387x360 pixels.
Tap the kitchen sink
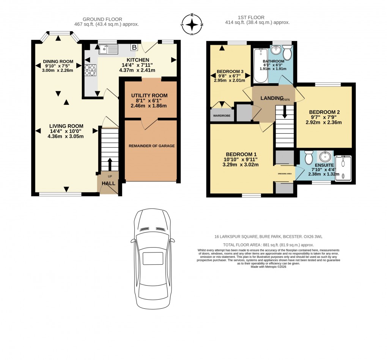pos(109,48)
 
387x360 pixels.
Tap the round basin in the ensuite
pos(325,156)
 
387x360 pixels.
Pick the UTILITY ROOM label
pos(149,95)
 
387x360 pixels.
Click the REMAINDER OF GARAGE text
pos(151,146)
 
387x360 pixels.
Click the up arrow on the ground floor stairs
pos(110,163)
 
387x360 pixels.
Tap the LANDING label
pos(272,98)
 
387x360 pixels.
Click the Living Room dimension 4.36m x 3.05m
pos(66,136)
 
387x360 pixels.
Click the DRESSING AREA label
pos(285,174)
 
